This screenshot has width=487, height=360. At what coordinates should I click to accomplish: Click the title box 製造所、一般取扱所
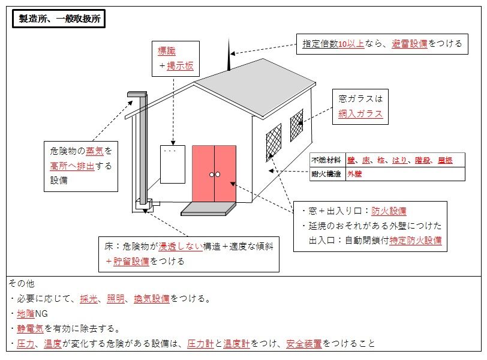click(x=59, y=19)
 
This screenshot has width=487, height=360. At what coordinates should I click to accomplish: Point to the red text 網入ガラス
click(x=360, y=114)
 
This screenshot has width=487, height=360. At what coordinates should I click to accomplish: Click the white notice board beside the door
click(x=173, y=164)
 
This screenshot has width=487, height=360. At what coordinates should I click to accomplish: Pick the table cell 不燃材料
click(x=326, y=160)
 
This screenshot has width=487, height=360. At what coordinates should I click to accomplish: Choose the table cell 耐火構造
click(x=326, y=175)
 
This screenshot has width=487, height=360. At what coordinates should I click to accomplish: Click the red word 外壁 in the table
click(x=354, y=175)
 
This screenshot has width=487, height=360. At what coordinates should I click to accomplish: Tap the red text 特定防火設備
click(x=415, y=241)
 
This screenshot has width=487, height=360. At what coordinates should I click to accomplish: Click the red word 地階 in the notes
click(x=26, y=313)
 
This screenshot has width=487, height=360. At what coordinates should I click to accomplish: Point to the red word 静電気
click(x=31, y=328)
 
